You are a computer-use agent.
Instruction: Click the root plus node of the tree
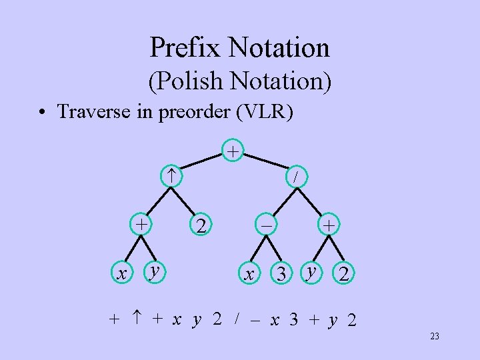pyautogui.click(x=232, y=151)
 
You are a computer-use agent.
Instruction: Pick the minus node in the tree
pyautogui.click(x=266, y=226)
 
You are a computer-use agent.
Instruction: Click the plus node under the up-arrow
pyautogui.click(x=141, y=223)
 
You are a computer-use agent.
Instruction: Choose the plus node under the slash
pyautogui.click(x=328, y=226)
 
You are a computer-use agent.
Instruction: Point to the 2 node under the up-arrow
pyautogui.click(x=199, y=226)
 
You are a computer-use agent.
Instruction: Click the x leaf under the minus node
pyautogui.click(x=249, y=273)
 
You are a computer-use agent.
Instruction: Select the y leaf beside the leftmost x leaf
pyautogui.click(x=155, y=270)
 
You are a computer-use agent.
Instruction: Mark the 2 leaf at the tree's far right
pyautogui.click(x=343, y=273)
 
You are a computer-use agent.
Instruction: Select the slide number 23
pyautogui.click(x=434, y=337)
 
